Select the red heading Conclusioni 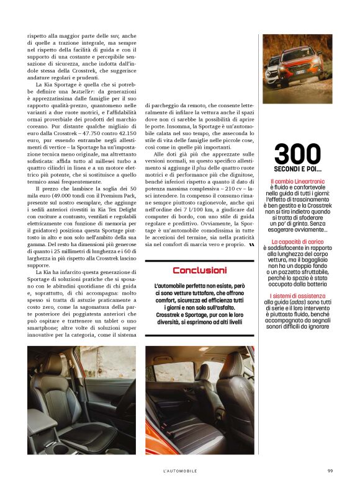[x=199, y=270]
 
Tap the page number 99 [x=330, y=471]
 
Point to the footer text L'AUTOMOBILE [x=180, y=471]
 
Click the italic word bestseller [x=92, y=91]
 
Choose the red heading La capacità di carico [x=297, y=241]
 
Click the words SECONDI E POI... [x=297, y=169]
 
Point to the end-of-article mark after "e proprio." [x=250, y=244]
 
